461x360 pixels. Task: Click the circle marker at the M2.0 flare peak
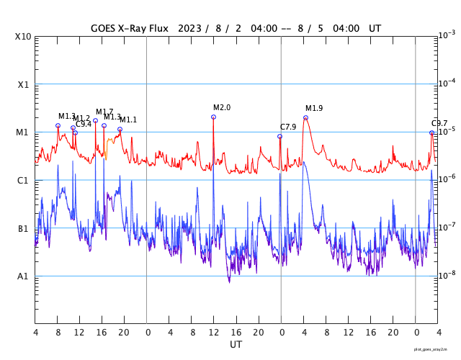point(213,117)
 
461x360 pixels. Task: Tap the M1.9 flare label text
point(314,109)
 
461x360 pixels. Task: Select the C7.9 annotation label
point(288,127)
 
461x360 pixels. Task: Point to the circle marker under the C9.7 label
point(431,132)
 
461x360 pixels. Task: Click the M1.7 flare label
point(104,112)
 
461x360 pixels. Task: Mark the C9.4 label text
point(84,124)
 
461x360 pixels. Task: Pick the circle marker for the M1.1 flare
point(120,129)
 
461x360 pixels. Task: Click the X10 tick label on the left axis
point(23,37)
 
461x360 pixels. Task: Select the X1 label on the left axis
point(24,84)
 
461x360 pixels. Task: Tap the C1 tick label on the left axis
point(24,181)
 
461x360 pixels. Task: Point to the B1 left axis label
point(24,229)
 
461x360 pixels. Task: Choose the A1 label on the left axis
point(24,276)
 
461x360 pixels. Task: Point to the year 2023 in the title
point(187,29)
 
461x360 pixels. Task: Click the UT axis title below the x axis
point(236,345)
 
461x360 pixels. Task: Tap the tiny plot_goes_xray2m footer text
point(435,349)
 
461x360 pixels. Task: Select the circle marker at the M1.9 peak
point(305,117)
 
